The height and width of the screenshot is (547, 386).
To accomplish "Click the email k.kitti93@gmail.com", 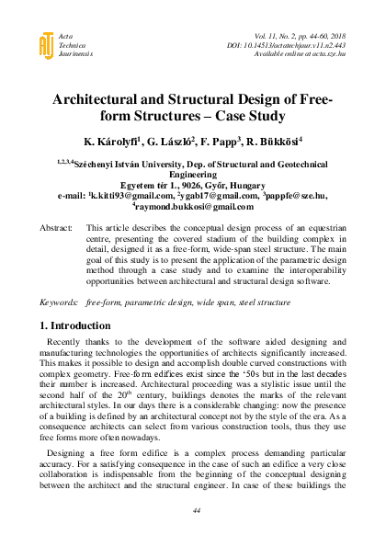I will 136,195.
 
